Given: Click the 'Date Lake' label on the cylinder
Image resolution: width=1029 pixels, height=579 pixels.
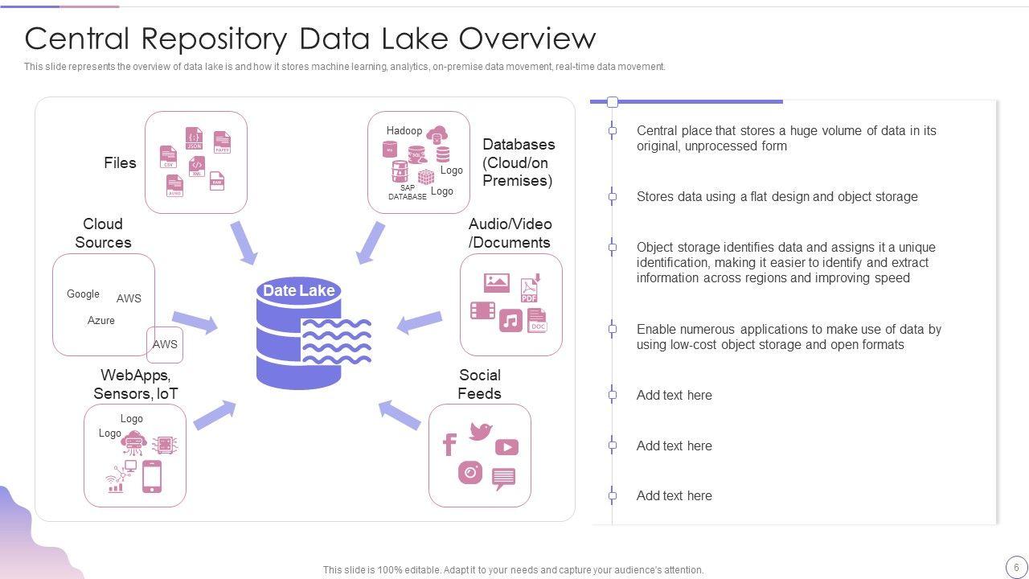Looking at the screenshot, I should click(x=298, y=291).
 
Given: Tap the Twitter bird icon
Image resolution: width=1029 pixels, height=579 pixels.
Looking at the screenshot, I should click(x=481, y=431).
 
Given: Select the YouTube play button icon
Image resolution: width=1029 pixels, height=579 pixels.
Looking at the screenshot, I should click(x=506, y=447).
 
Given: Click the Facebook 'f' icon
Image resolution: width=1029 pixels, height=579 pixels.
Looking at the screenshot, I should click(x=450, y=444).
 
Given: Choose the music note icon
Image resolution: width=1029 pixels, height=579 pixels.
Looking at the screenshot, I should click(x=510, y=321).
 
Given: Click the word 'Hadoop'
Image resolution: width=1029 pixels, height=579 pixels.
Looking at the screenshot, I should click(x=404, y=130).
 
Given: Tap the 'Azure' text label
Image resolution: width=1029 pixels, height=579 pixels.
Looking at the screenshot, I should click(x=101, y=320).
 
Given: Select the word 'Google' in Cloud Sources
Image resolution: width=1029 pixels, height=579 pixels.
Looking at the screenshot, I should click(x=83, y=294).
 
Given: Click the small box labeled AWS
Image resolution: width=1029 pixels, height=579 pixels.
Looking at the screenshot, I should click(x=165, y=345).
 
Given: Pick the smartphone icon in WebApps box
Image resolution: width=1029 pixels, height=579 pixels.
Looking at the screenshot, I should click(x=152, y=477).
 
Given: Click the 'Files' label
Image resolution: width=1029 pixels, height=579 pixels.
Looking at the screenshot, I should click(x=120, y=162).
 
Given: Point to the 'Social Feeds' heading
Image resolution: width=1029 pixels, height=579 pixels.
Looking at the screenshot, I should click(x=480, y=384).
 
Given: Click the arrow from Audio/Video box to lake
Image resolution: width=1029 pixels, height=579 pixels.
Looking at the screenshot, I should click(x=420, y=322).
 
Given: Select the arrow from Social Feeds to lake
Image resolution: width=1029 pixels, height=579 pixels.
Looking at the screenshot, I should click(x=400, y=414).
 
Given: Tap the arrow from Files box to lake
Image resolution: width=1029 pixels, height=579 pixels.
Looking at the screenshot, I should click(x=244, y=242).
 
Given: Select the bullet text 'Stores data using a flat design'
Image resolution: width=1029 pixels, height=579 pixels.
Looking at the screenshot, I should click(x=777, y=196).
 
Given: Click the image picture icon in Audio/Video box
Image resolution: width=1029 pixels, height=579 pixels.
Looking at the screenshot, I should click(x=497, y=282).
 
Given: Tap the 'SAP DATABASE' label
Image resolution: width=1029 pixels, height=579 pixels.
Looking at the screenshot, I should click(x=408, y=192).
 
